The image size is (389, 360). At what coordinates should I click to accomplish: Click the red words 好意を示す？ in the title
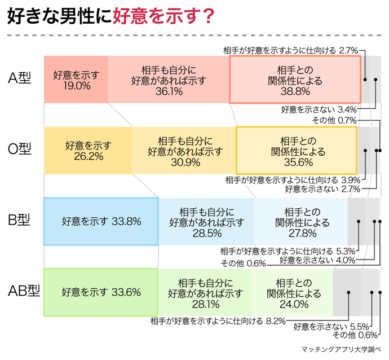164,17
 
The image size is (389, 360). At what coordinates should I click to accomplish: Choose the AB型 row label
23,291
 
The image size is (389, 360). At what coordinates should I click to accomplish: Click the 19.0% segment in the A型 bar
76,80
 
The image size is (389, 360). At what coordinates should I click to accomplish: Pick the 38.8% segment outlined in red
295,80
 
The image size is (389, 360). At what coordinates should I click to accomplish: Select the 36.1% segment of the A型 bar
168,80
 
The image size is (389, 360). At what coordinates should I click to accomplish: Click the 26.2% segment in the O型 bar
88,150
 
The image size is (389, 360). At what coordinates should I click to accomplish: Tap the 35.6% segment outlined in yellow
296,150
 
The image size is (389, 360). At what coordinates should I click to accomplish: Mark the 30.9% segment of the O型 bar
184,150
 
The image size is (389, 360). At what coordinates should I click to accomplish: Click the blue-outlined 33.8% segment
101,221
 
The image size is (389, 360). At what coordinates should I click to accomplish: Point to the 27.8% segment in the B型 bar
301,221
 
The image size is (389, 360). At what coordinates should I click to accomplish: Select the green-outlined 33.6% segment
100,292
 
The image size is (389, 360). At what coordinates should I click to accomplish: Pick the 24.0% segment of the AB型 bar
293,292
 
